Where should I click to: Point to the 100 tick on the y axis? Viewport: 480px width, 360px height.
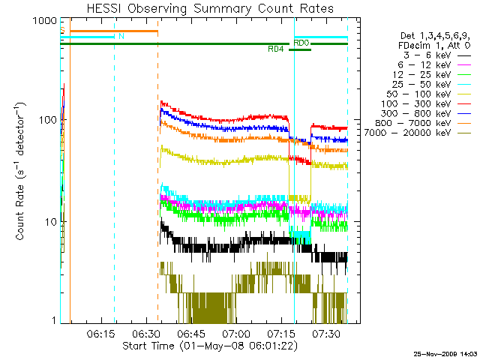46,121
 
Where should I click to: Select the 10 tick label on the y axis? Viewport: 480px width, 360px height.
49,222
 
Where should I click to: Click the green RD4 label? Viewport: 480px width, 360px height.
275,49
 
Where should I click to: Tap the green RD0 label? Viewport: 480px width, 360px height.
301,43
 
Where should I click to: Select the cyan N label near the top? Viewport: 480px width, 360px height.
121,36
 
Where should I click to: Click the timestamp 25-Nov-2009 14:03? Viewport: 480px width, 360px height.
444,352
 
